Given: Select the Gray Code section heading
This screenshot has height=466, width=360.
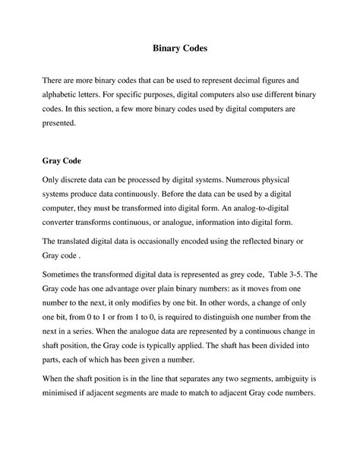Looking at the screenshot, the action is pos(61,162).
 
